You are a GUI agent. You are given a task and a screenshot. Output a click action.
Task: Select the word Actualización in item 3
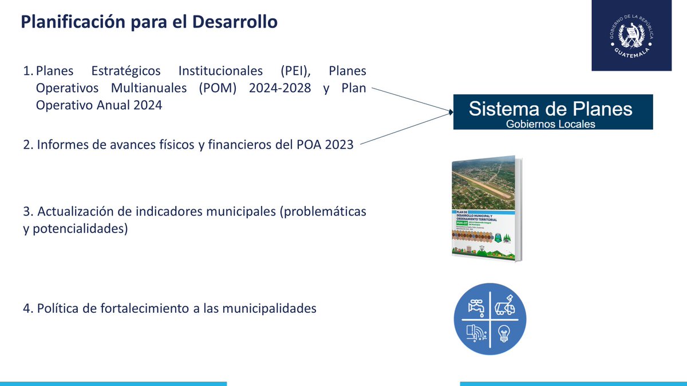pyautogui.click(x=73, y=212)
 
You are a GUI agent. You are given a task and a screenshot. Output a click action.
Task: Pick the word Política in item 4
pyautogui.click(x=57, y=308)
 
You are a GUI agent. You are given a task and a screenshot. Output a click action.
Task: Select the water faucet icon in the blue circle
pyautogui.click(x=476, y=307)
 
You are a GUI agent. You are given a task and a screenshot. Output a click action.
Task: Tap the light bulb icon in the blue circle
pyautogui.click(x=504, y=332)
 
